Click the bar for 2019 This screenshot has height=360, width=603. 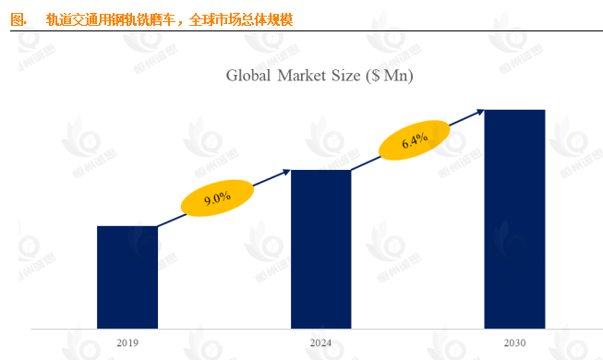click(x=127, y=276)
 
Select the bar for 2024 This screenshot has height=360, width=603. click(x=320, y=248)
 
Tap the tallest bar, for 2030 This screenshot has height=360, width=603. click(x=514, y=218)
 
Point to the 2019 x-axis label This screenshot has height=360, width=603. click(x=127, y=343)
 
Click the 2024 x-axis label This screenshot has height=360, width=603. click(x=320, y=343)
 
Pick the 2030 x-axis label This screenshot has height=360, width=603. click(x=514, y=343)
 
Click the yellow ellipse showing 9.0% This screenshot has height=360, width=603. click(x=217, y=198)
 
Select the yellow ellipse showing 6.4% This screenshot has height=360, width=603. click(x=415, y=141)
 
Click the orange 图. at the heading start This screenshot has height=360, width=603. click(x=18, y=18)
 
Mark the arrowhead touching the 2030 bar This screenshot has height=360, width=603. click(x=480, y=111)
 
